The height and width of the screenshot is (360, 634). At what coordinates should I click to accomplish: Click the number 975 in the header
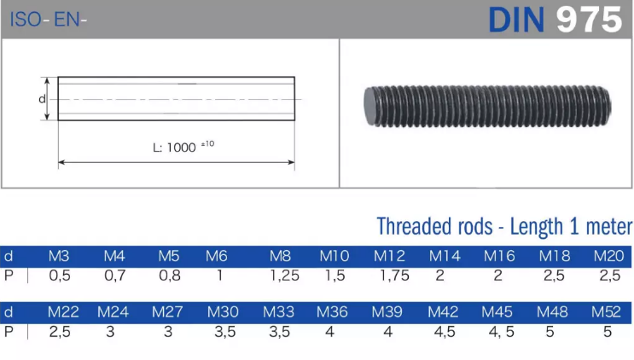589,20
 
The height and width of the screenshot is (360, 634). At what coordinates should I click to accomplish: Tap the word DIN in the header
517,20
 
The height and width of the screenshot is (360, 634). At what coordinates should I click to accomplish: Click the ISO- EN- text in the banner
48,20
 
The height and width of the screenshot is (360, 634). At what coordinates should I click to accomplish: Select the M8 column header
280,256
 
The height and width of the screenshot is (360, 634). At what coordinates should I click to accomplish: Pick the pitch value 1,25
285,276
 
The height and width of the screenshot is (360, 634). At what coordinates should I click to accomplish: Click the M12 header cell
389,256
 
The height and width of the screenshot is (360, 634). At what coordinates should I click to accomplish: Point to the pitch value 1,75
394,276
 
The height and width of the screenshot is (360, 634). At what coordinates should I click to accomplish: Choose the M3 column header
59,256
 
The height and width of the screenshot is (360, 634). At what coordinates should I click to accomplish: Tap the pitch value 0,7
115,276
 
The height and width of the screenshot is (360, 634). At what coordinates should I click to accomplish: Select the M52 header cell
606,312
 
